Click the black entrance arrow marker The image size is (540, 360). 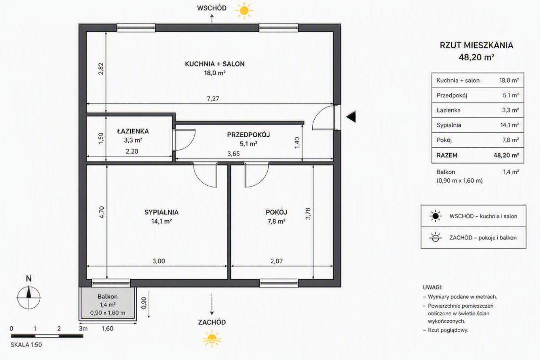tap(351, 117)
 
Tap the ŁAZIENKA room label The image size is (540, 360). tap(133, 131)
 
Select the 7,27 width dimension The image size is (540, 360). tap(213, 99)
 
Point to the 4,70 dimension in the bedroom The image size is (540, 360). tap(102, 212)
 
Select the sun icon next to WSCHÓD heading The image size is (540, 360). tap(244, 11)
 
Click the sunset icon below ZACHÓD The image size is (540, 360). tap(212, 339)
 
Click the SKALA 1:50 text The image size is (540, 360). tap(26, 345)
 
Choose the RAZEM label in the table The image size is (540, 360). tap(447, 155)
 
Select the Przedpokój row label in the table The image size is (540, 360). tap(452, 95)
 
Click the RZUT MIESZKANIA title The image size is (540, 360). tap(476, 45)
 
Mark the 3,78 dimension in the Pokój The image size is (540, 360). tap(308, 214)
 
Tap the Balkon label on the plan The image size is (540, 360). tap(108, 296)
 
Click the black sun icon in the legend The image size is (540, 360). tap(435, 216)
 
